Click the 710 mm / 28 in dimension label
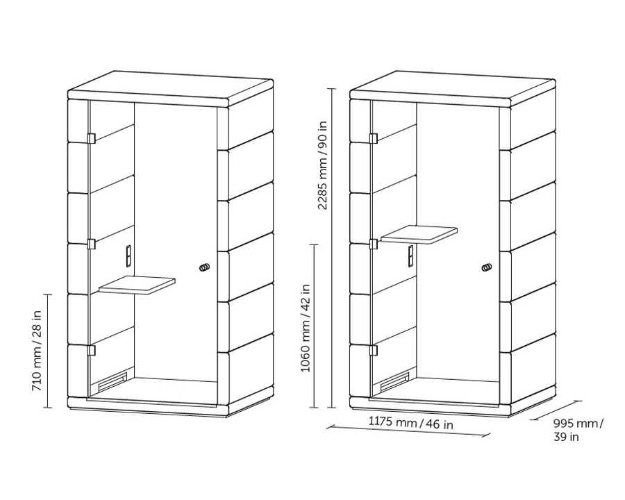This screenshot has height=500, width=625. click(x=36, y=351)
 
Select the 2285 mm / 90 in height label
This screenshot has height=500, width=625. click(x=322, y=165)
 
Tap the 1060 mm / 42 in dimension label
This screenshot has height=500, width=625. click(x=306, y=328)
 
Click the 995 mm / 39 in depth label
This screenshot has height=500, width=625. click(x=578, y=430)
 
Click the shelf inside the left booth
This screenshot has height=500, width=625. click(x=137, y=285)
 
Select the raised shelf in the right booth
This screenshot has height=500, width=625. click(x=419, y=235)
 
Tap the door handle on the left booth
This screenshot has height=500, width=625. click(x=204, y=267)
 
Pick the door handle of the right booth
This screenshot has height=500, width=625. click(x=487, y=267)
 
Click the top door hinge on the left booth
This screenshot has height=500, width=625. click(x=91, y=138)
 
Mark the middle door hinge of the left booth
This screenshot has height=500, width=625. click(x=91, y=244)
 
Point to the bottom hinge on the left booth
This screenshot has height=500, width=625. click(x=91, y=350)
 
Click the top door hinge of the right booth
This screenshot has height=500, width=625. click(x=373, y=138)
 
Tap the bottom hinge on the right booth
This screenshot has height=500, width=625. click(x=373, y=350)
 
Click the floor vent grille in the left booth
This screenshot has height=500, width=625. click(x=112, y=381)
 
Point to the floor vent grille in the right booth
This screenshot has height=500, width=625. click(x=395, y=381)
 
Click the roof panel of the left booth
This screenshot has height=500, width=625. click(x=171, y=89)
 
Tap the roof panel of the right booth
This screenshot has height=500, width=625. click(x=453, y=89)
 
